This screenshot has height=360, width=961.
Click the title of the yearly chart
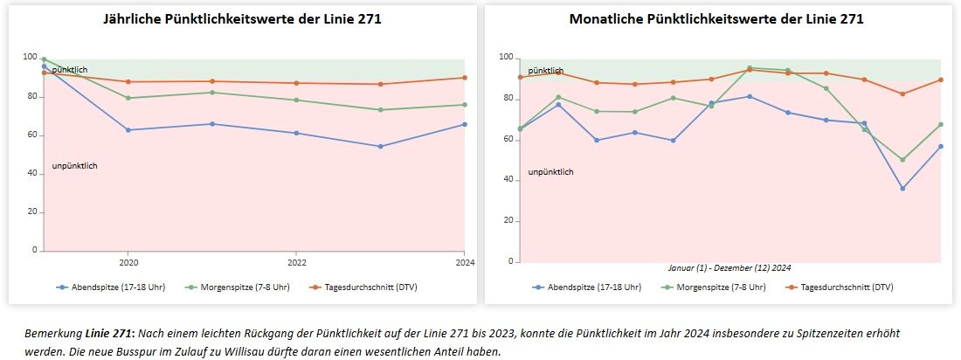click(242, 18)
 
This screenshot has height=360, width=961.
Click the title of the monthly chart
click(716, 18)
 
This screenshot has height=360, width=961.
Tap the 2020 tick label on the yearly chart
click(128, 261)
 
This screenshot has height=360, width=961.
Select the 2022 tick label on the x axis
click(297, 261)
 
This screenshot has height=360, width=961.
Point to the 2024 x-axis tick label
click(464, 261)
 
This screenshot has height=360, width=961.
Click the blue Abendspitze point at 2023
click(380, 146)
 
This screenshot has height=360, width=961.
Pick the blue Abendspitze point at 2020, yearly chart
click(128, 130)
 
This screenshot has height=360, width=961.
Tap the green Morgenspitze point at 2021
click(212, 93)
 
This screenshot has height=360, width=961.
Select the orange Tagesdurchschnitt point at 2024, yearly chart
click(464, 78)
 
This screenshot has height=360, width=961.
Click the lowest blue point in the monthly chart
click(902, 189)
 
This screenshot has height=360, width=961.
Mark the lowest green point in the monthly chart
click(902, 160)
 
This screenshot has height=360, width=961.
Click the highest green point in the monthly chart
click(750, 67)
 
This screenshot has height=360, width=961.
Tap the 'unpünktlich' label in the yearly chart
click(75, 166)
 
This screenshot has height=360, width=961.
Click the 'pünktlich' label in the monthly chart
click(546, 71)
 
